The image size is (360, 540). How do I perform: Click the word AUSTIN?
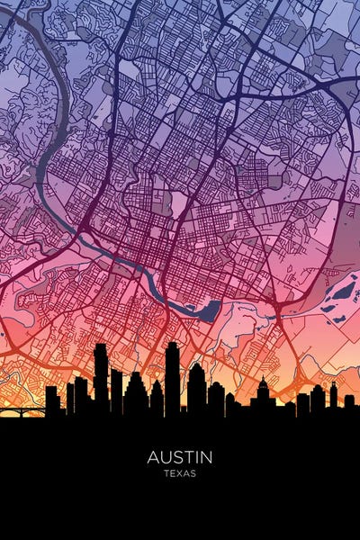tap(180, 457)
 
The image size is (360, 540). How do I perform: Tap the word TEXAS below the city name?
tap(180, 473)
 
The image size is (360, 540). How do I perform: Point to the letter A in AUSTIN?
tap(153, 457)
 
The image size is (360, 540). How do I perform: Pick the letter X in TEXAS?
tap(180, 473)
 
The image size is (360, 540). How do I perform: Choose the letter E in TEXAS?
tap(173, 473)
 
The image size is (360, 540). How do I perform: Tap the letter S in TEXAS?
tap(193, 473)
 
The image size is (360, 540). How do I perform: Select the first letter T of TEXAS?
tap(166, 473)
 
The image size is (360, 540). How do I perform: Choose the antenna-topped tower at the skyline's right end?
tap(333, 396)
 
